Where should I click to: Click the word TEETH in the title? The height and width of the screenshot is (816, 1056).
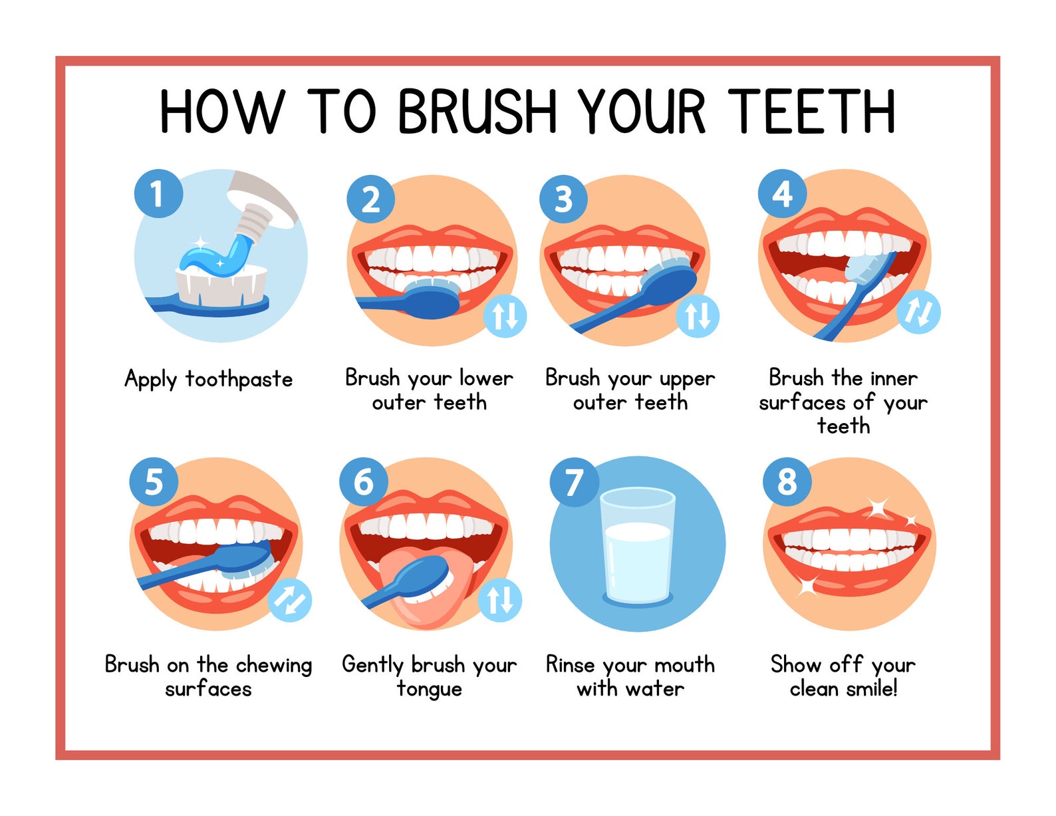[x=811, y=112]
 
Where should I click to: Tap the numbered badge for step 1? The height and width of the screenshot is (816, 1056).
[x=158, y=194]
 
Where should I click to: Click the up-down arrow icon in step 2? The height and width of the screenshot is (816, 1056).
[x=505, y=315]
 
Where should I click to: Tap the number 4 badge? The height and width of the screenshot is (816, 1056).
[x=782, y=194]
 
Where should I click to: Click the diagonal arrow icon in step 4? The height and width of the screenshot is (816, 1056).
[x=918, y=312]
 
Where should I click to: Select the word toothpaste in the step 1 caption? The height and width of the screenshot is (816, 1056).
[x=239, y=379]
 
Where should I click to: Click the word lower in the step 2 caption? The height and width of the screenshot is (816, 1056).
[x=485, y=378]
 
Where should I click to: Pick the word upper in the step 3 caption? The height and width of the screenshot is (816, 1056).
[x=686, y=379]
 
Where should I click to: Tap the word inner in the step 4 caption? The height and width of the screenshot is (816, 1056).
[x=893, y=378]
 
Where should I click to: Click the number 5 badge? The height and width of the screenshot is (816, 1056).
[x=154, y=481]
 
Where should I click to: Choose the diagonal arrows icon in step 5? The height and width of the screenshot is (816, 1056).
[x=290, y=600]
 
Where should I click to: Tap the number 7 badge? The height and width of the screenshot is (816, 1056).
[x=573, y=481]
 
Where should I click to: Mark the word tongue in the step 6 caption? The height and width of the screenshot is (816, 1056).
[x=429, y=689]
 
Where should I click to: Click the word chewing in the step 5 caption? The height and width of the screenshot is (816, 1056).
[x=273, y=665]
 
